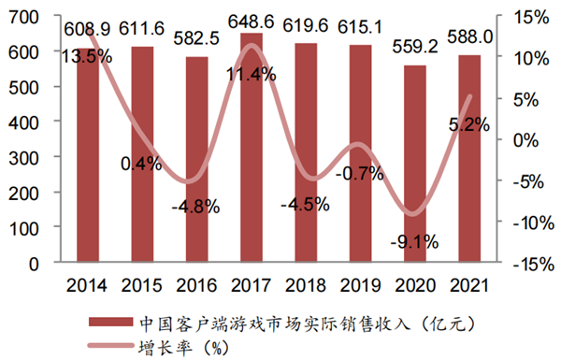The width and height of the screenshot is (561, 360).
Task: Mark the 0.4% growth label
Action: (x=141, y=165)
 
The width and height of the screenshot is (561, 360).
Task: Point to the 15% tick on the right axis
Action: (x=529, y=18)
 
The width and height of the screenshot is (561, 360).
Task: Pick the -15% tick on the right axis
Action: (x=527, y=264)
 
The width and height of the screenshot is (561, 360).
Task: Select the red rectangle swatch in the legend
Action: (x=116, y=324)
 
